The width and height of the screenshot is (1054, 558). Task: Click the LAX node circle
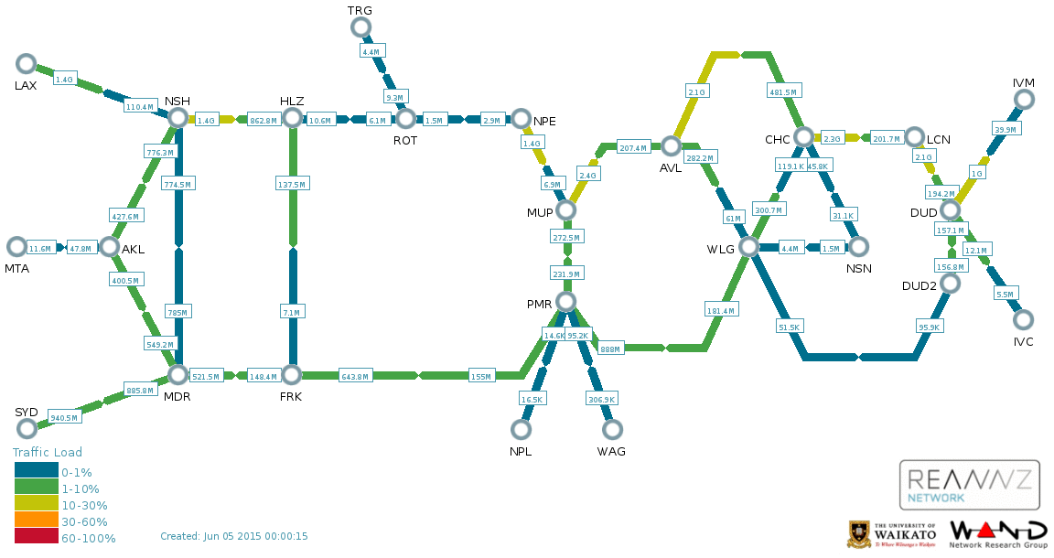[x=27, y=64]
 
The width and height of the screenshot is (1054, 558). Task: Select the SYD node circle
[x=27, y=428]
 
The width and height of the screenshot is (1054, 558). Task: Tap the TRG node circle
[x=362, y=27]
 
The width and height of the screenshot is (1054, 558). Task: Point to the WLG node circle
[x=748, y=247]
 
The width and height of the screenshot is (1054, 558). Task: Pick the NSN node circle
[x=858, y=247]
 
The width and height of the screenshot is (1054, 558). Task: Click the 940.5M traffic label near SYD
[x=66, y=417]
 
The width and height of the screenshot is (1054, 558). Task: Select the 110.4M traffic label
[x=139, y=107]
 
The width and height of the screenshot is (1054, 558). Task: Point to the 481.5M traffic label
[x=782, y=91]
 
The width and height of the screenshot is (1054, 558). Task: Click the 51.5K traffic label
[x=789, y=327]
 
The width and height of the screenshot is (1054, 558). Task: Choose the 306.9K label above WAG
[x=602, y=400]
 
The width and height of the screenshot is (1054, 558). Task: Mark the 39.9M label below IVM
[x=1006, y=130]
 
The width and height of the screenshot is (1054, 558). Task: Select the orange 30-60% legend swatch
[x=36, y=521]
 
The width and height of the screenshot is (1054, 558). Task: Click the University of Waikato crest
[x=859, y=534]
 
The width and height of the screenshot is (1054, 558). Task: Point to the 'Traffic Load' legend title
[x=48, y=453]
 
